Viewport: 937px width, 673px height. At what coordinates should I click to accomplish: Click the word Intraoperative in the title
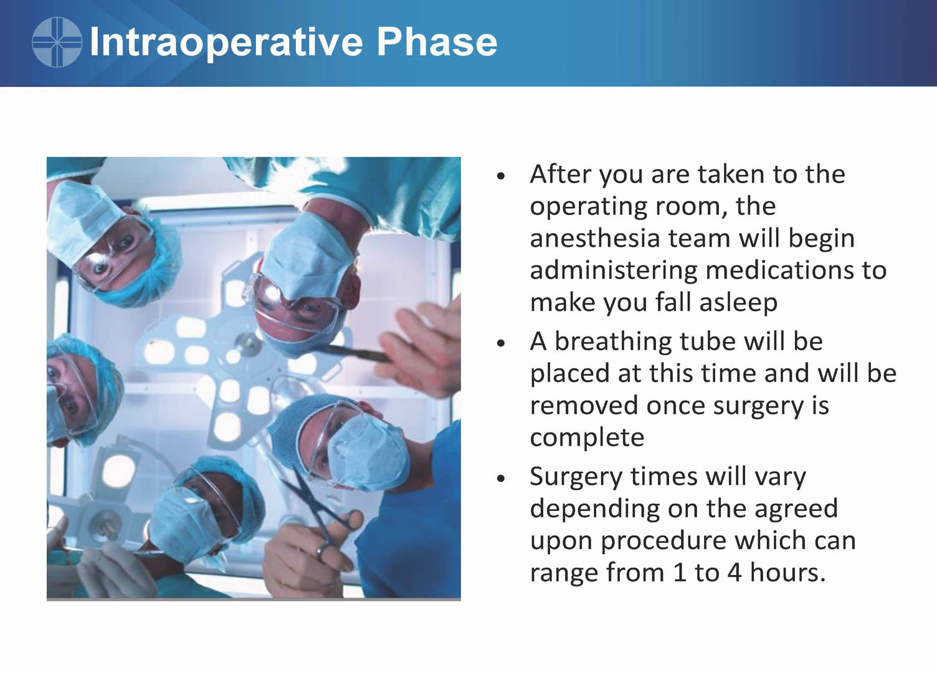click(226, 42)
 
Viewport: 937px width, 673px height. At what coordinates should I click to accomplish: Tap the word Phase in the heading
click(437, 41)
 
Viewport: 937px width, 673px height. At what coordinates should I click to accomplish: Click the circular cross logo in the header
click(57, 42)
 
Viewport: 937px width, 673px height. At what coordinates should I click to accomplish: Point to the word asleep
click(738, 303)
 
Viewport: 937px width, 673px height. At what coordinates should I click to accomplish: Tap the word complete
click(587, 438)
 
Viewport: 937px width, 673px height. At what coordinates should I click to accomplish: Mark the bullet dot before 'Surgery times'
click(501, 478)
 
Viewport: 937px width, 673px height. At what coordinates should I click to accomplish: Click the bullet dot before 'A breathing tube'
click(501, 343)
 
